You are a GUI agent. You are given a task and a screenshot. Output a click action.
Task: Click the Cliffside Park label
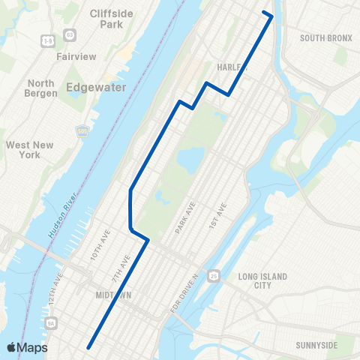[x=109, y=19]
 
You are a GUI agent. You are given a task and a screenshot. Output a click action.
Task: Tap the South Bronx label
[x=325, y=37]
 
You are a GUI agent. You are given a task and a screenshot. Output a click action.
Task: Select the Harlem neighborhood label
[x=231, y=67]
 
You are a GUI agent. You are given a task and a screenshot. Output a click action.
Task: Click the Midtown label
[x=114, y=295]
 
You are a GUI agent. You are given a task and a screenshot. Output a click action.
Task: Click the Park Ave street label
[x=184, y=217]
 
